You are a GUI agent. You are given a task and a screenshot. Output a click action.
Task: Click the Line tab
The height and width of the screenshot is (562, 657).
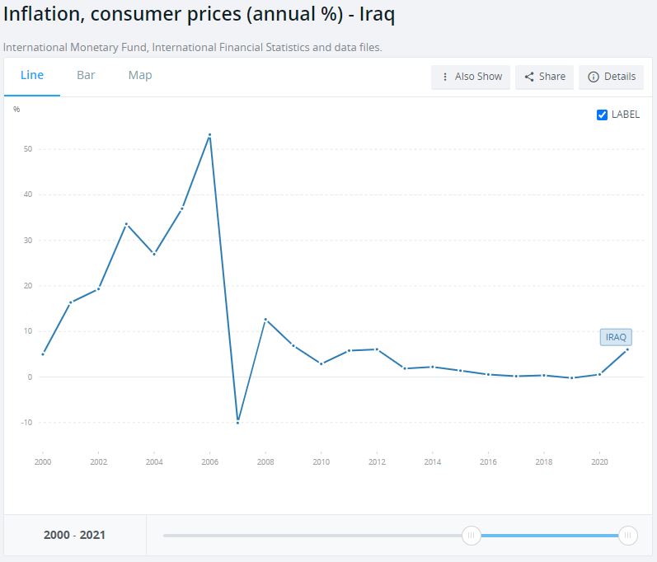[32, 75]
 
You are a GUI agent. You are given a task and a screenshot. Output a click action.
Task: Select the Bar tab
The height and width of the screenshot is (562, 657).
[86, 75]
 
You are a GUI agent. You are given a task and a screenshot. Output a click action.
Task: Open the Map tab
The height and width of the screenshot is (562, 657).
[140, 75]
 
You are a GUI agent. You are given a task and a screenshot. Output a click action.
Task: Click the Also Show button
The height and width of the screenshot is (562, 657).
[472, 77]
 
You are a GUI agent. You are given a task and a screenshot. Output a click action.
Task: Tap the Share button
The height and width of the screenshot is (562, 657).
[545, 77]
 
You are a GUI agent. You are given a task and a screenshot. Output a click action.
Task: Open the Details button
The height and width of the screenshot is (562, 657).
[612, 77]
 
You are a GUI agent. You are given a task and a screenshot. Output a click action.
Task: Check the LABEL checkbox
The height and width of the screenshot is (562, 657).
[602, 115]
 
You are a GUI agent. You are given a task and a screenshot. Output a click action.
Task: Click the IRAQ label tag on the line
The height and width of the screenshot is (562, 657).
[616, 337]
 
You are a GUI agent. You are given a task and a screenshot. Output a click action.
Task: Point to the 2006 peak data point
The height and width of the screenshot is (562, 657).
[210, 135]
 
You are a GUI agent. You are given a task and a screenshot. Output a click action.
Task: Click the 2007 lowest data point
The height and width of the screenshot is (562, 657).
[237, 422]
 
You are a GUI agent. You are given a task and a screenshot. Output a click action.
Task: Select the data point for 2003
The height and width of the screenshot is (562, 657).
[126, 224]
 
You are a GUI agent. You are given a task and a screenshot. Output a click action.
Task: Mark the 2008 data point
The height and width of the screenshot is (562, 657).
[265, 320]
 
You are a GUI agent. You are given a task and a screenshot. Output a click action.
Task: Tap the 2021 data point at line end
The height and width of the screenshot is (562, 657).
[627, 349]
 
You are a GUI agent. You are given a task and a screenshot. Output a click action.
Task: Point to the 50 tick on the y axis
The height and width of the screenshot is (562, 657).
[28, 149]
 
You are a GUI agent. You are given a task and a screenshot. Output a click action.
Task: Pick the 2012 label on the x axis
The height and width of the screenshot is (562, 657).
[377, 462]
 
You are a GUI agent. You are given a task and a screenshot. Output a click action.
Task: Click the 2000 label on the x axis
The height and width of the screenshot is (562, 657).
[42, 462]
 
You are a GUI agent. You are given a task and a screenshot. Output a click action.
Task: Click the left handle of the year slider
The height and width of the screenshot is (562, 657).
[471, 536]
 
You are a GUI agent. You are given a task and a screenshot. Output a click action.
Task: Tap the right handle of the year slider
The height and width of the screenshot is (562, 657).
[628, 536]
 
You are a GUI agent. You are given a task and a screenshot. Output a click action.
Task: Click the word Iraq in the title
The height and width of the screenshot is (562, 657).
[378, 16]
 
